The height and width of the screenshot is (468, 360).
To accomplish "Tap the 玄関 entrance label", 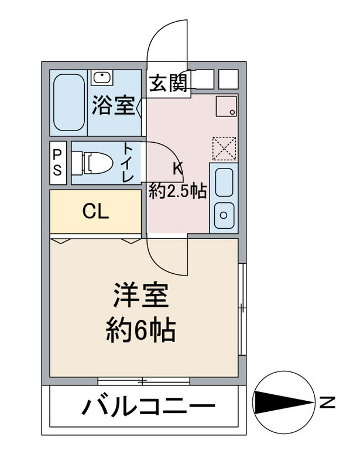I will tap(168, 85).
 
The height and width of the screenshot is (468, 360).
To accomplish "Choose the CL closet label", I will tap(95, 211).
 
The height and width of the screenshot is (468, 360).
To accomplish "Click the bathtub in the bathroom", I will tap(69, 105).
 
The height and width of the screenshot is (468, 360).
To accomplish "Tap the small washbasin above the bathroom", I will tap(103, 77).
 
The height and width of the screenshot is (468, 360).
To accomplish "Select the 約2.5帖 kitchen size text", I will tap(178, 190).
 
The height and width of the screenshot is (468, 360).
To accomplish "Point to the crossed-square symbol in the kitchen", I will tap(225, 149).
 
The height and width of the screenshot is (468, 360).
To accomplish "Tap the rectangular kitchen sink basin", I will tap(224, 184).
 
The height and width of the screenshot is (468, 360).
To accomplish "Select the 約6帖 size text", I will tap(141, 331).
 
